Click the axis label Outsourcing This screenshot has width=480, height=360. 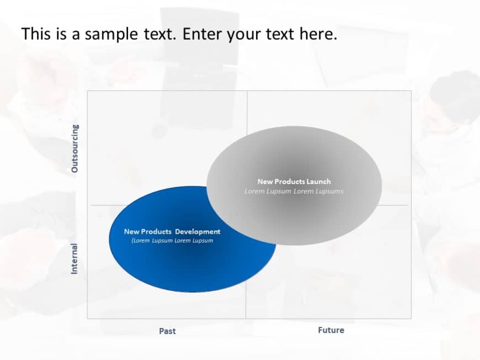click(x=75, y=149)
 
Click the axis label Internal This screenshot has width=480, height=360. click(x=74, y=259)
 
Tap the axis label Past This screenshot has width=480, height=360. click(x=168, y=331)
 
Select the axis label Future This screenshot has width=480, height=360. click(x=331, y=330)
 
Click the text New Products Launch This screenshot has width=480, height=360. click(x=294, y=181)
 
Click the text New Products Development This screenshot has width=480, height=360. click(x=172, y=232)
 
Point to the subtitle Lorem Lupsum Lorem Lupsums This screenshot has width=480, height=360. click(x=294, y=191)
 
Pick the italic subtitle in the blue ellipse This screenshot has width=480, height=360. click(x=172, y=240)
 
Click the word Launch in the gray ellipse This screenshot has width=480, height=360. click(x=318, y=181)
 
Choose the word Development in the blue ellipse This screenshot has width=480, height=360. click(x=198, y=232)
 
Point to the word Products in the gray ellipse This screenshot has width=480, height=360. click(x=288, y=181)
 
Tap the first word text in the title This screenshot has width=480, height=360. click(x=158, y=35)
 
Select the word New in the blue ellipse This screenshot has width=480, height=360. click(x=132, y=232)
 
